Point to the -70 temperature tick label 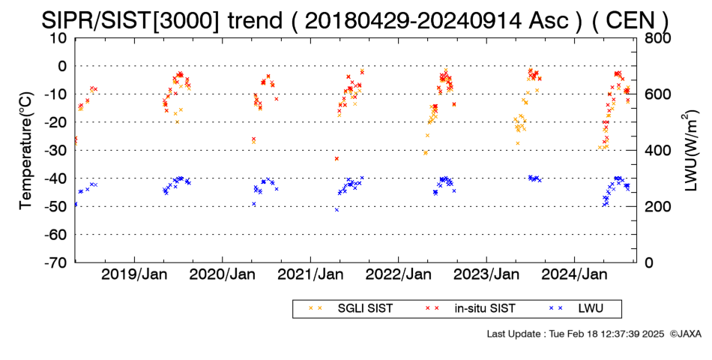point(55,262)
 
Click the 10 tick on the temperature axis point(59,38)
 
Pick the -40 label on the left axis point(55,178)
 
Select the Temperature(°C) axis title point(27,151)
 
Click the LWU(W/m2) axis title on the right point(690,151)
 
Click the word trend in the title point(254,20)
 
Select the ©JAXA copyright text point(685,334)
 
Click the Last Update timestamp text point(576,334)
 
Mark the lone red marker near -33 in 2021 point(337,159)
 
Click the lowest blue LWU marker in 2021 point(337,209)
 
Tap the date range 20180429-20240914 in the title point(413,20)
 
